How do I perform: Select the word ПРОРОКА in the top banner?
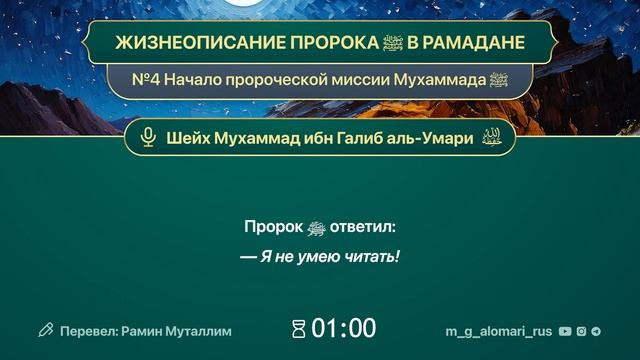pos(313,45)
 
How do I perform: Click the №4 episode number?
pos(143,79)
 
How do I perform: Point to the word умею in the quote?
pos(312,257)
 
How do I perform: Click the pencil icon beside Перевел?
pos(45,330)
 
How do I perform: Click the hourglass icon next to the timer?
pos(298,329)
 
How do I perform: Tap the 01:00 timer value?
pos(344,329)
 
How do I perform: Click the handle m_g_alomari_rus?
pos(498,330)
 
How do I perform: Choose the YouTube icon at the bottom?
pos(565,330)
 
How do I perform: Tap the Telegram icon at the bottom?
pos(597,330)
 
